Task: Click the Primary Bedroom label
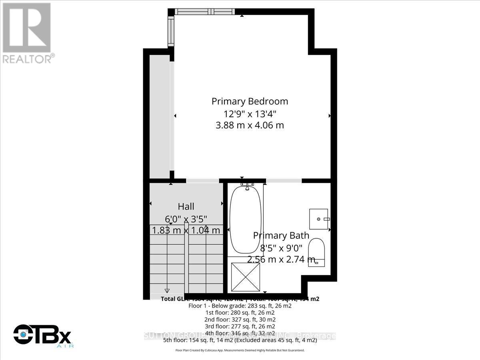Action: tap(250, 101)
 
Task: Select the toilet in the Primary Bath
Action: tap(319, 252)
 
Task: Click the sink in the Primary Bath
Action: tap(319, 219)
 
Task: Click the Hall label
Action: tap(186, 206)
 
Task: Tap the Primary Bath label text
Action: tap(281, 236)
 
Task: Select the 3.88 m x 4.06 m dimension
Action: tap(250, 125)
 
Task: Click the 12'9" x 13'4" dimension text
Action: tap(250, 113)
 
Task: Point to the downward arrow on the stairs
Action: tap(167, 290)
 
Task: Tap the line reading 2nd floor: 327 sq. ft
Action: tap(240, 319)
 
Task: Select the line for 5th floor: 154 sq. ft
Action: tap(240, 340)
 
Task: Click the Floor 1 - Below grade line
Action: tap(240, 306)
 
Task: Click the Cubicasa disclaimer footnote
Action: tap(240, 350)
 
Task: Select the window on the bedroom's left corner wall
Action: tap(171, 32)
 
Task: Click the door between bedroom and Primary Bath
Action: tap(284, 181)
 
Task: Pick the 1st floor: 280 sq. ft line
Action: tap(240, 312)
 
